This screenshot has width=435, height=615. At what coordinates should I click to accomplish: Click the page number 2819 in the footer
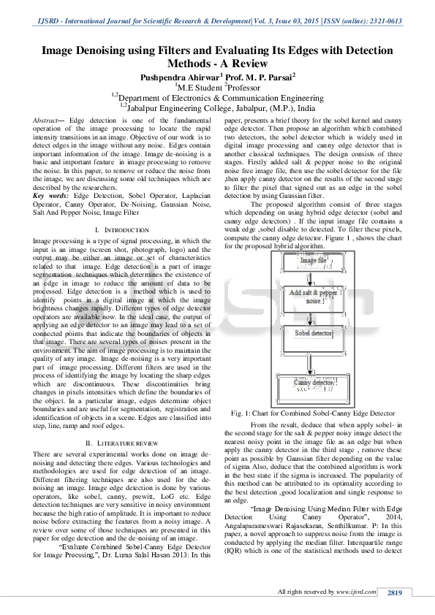(395, 592)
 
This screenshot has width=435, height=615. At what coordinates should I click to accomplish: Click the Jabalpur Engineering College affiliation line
(217, 107)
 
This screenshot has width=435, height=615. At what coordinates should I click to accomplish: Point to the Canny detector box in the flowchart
(314, 382)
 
